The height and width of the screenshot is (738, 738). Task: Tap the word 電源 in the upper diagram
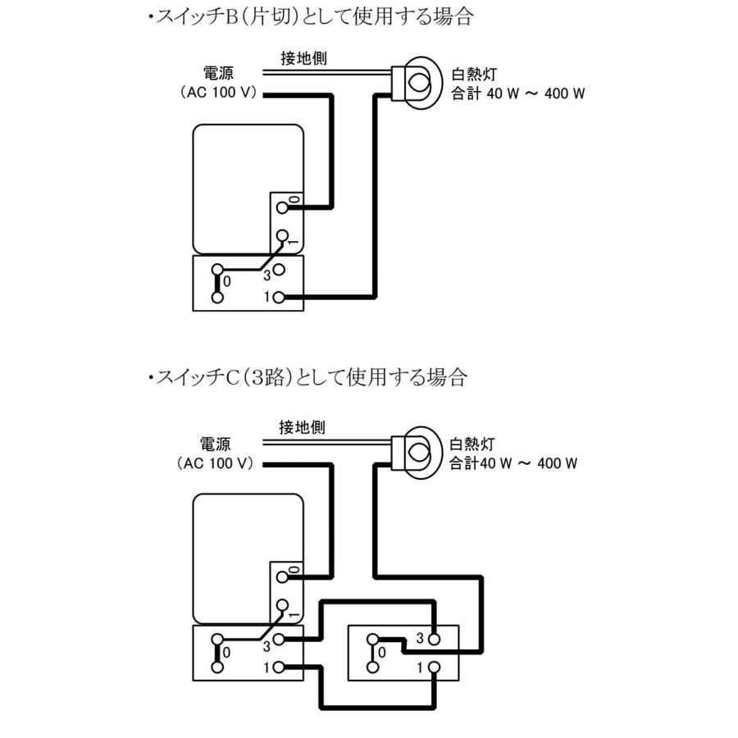216,75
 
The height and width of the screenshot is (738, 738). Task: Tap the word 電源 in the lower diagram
216,445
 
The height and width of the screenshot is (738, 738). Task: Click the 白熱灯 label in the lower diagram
471,445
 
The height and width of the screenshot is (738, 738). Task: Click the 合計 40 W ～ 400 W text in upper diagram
518,93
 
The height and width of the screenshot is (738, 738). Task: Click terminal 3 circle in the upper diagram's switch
280,269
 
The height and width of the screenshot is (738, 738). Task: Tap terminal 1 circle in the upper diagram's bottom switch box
280,297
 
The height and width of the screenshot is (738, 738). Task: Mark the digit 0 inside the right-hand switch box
382,653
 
